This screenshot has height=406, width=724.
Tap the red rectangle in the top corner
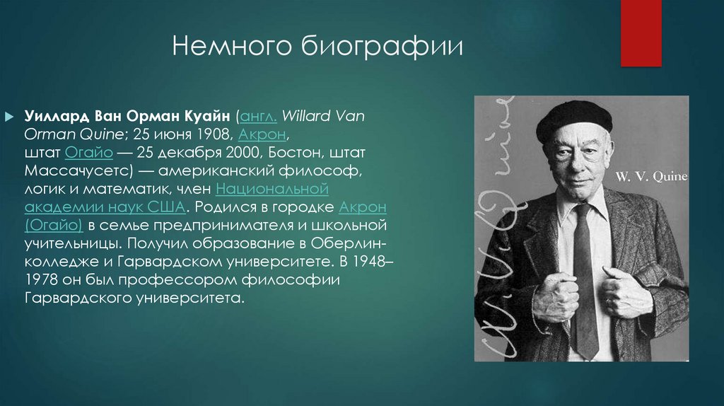pyautogui.click(x=641, y=33)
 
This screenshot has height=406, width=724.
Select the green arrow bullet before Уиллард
pyautogui.click(x=9, y=115)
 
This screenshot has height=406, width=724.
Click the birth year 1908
pyautogui.click(x=214, y=134)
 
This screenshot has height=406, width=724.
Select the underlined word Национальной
pyautogui.click(x=272, y=189)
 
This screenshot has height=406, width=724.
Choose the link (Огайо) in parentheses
pyautogui.click(x=54, y=226)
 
